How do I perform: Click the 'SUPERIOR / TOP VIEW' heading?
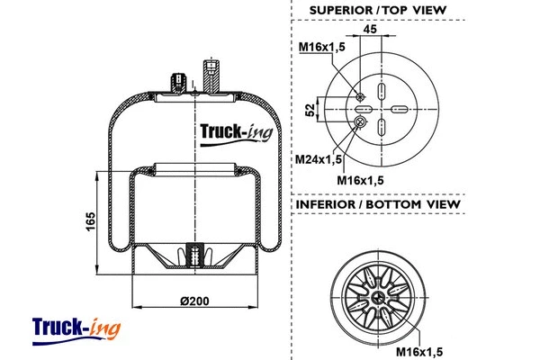377,11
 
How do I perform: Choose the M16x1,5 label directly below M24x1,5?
360,180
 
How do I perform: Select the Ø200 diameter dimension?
194,300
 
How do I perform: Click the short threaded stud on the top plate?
175,84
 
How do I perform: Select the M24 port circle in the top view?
361,125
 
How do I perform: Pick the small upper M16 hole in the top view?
359,96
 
